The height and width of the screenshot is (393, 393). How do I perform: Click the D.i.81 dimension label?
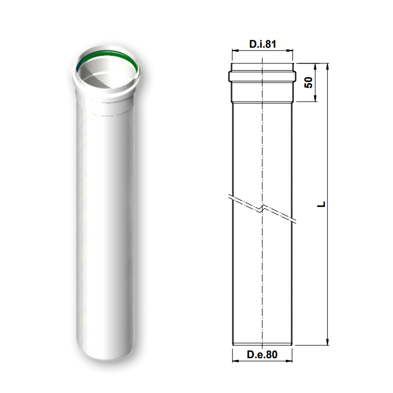tap(262, 44)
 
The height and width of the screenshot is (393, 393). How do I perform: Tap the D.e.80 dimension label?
tap(262, 354)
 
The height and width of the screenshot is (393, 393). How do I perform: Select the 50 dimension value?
tap(308, 83)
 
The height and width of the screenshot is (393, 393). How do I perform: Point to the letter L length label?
tap(321, 204)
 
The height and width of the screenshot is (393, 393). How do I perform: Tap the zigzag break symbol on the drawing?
tap(262, 208)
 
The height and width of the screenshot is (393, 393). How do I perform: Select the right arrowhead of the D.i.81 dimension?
tap(290, 51)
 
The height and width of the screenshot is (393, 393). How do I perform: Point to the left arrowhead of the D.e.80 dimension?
tap(236, 361)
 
